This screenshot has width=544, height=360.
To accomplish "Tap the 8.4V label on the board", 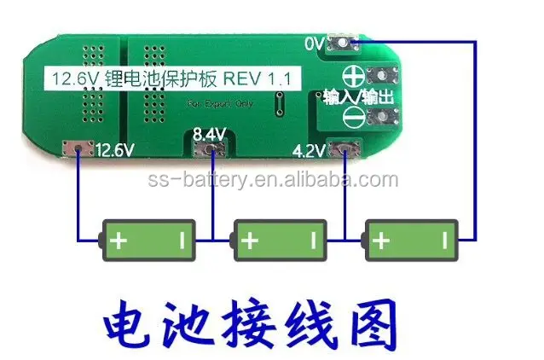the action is point(209,134).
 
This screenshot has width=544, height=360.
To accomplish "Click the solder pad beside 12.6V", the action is point(78,151).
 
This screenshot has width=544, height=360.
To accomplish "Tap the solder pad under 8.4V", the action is point(210,152).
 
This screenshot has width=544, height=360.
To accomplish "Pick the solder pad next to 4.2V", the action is point(345,152).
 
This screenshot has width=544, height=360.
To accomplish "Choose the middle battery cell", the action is point(281,241).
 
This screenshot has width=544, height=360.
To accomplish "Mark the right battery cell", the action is point(413,241).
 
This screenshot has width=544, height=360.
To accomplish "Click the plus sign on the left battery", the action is point(119,241).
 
